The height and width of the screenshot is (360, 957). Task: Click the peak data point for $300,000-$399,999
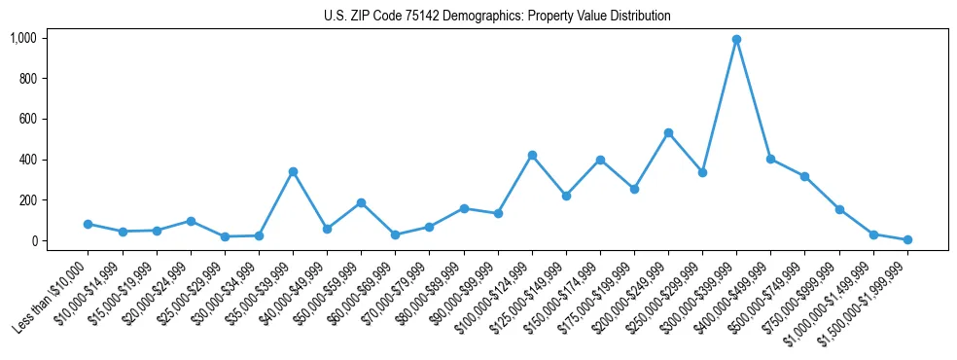[x=736, y=40]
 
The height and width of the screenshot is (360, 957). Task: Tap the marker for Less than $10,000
[x=88, y=224]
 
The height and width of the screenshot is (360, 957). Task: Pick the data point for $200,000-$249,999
[x=668, y=132]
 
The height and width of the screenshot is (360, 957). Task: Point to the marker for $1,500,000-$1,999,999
[x=907, y=239]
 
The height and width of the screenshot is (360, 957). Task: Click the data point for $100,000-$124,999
[x=532, y=155]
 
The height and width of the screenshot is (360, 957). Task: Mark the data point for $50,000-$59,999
[x=361, y=202]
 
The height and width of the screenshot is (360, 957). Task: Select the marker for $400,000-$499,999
[x=770, y=159]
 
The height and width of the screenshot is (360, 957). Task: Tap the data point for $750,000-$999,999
[x=839, y=209]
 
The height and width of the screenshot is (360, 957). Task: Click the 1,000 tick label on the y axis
[x=23, y=38]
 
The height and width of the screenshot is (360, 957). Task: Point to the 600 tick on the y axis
[x=28, y=119]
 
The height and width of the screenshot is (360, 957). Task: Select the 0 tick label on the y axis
[x=34, y=240]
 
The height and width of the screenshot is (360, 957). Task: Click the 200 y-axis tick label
[x=28, y=199]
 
